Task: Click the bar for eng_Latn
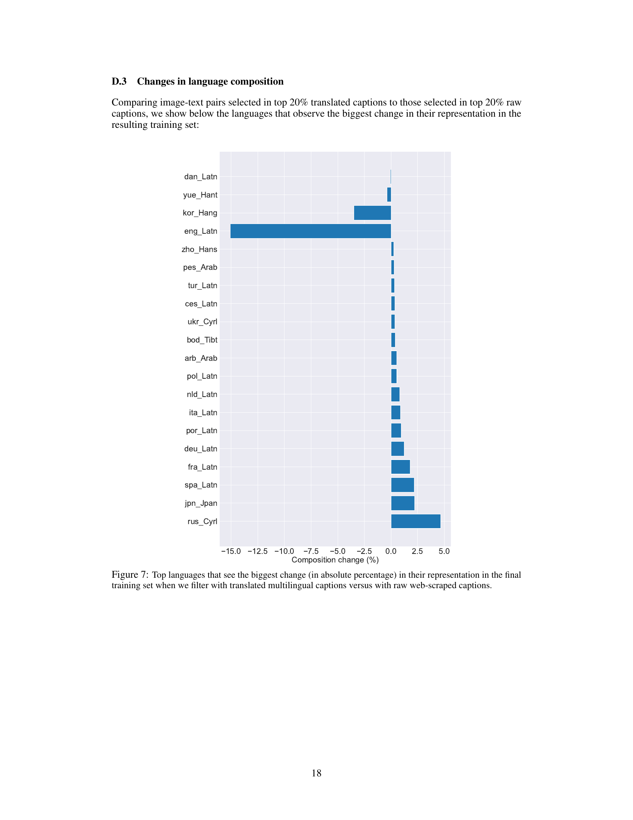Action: click(x=311, y=231)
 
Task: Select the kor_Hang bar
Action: click(x=372, y=213)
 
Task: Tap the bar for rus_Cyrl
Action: click(x=416, y=521)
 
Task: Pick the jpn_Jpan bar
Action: click(x=403, y=503)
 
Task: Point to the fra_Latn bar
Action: click(x=401, y=467)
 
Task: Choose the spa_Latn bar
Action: click(x=403, y=485)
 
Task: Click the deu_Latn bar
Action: click(x=398, y=449)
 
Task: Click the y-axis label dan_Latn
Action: click(x=201, y=177)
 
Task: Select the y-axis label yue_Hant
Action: click(x=200, y=195)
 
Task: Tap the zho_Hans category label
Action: click(x=200, y=249)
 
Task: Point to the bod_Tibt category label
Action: click(x=202, y=340)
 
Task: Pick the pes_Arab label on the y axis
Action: click(x=200, y=267)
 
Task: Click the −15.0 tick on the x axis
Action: click(x=231, y=551)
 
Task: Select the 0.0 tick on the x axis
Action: click(x=391, y=551)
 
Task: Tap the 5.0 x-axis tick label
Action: click(x=444, y=551)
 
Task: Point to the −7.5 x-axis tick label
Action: click(x=311, y=551)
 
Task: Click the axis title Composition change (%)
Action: click(x=335, y=560)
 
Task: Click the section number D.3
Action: click(x=119, y=82)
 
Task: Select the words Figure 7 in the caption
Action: click(x=130, y=574)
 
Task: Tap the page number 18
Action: click(x=316, y=773)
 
